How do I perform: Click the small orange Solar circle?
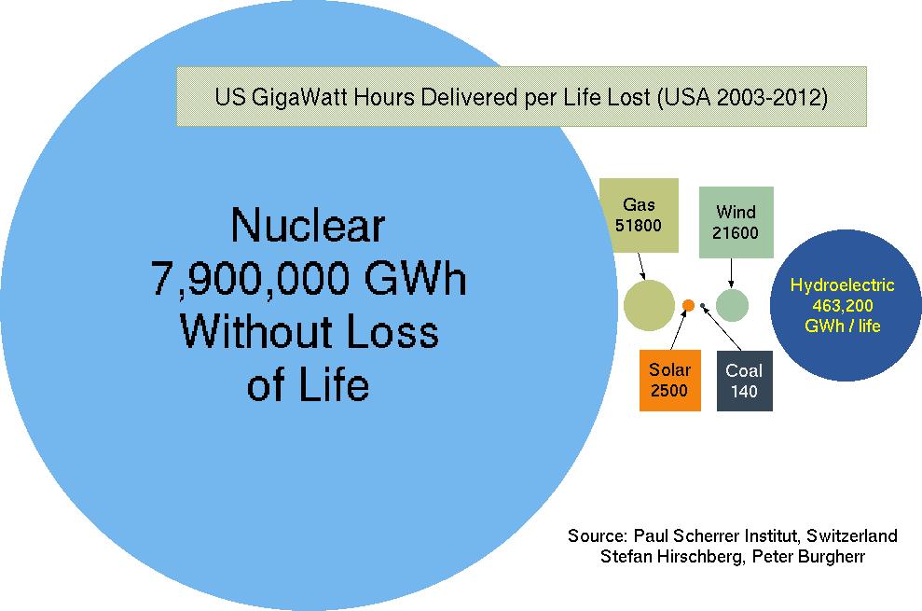(688, 305)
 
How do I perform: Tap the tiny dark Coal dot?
(703, 306)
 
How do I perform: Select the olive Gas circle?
(649, 305)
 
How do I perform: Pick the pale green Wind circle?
(732, 305)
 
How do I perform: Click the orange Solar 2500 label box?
(669, 381)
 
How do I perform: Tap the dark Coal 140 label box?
(745, 381)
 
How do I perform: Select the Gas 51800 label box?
(639, 215)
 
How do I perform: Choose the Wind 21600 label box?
(736, 222)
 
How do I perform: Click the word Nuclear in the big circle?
(308, 224)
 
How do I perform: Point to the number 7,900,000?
(253, 278)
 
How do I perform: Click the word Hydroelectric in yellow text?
(842, 285)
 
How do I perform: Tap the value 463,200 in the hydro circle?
(843, 306)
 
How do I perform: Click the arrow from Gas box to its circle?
(641, 266)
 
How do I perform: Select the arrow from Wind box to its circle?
(732, 273)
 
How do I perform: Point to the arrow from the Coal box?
(722, 328)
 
